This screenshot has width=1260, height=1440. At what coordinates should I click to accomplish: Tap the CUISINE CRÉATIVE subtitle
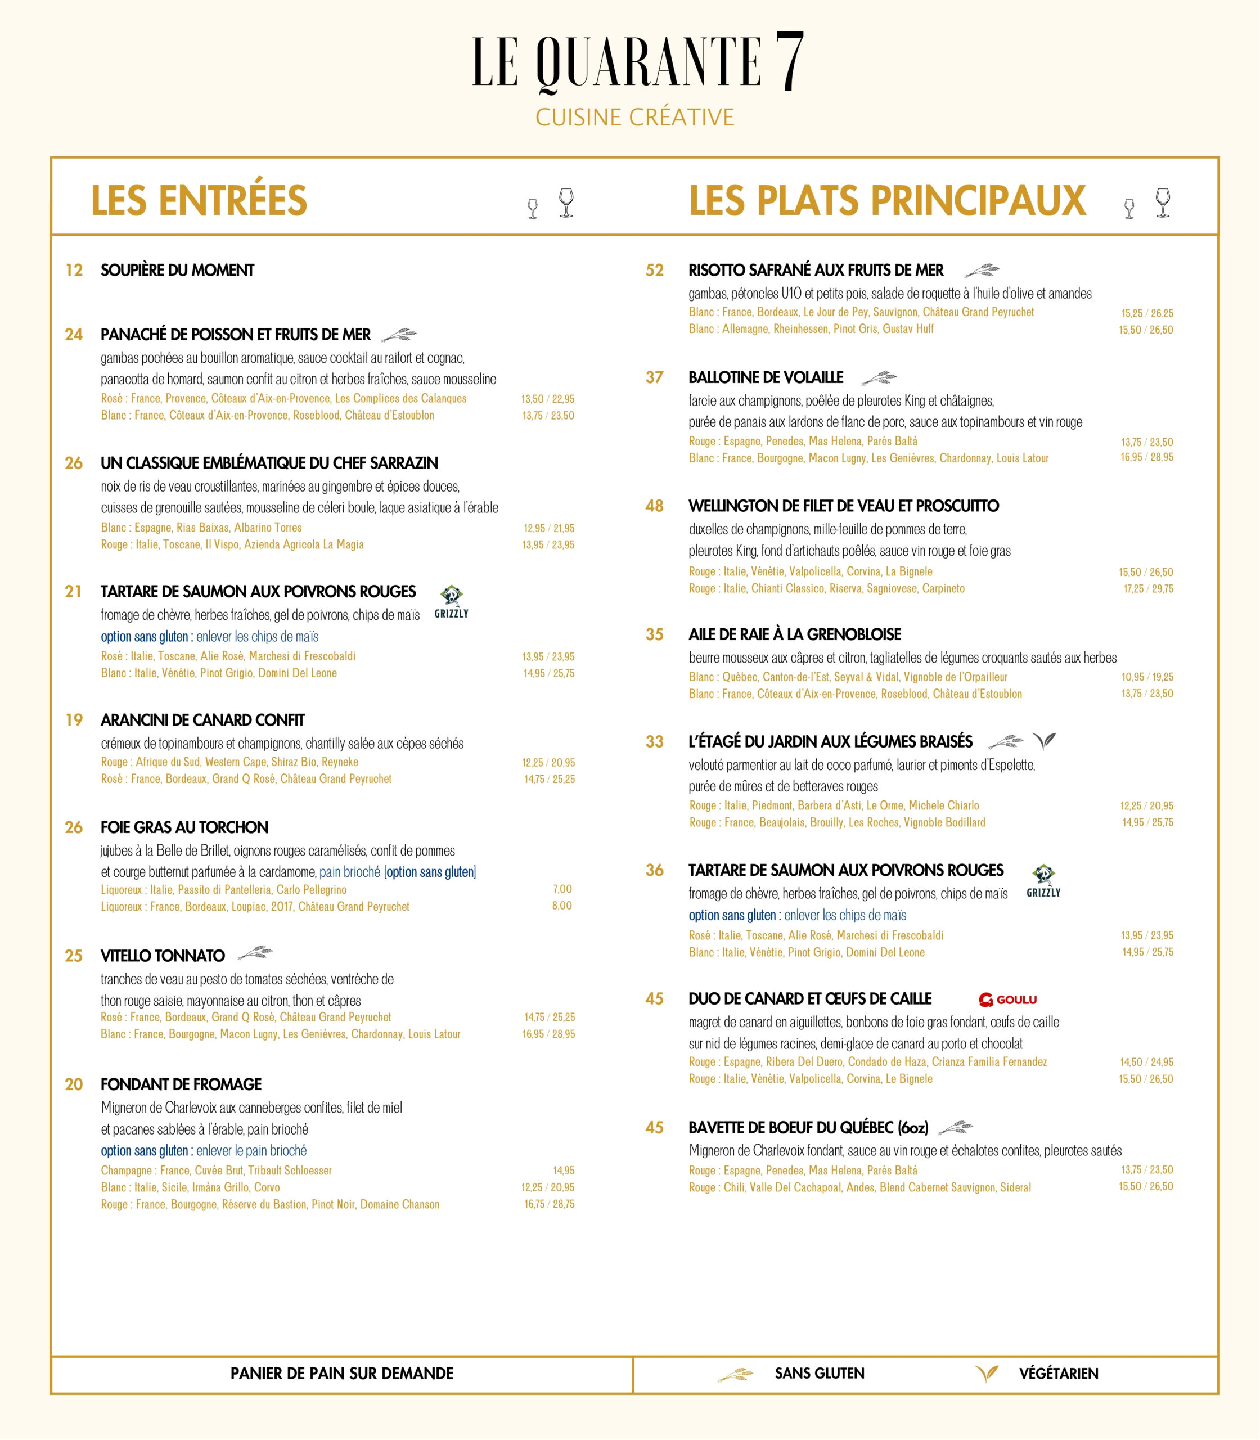(634, 118)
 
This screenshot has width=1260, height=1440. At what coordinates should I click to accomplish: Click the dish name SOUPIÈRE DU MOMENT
(177, 270)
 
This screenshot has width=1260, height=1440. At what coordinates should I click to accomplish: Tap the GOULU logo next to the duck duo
(1007, 999)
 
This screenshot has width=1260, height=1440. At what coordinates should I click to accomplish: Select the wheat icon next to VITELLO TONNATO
(255, 954)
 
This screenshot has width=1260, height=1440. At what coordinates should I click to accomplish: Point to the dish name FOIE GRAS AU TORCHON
(184, 827)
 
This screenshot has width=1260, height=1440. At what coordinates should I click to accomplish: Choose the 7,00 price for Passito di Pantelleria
(562, 889)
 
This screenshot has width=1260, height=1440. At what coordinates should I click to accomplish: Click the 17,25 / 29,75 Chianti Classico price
(1147, 588)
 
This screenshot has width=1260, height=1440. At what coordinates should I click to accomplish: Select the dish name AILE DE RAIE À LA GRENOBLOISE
(794, 634)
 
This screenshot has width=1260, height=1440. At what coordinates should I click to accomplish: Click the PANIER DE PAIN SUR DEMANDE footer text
(342, 1373)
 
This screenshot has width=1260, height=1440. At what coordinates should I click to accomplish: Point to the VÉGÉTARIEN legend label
(1058, 1373)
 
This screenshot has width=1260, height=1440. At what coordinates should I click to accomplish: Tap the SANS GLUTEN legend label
(819, 1373)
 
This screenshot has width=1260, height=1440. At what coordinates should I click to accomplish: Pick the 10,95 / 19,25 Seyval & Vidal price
(1147, 676)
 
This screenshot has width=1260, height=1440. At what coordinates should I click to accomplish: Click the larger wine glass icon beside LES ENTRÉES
(566, 202)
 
